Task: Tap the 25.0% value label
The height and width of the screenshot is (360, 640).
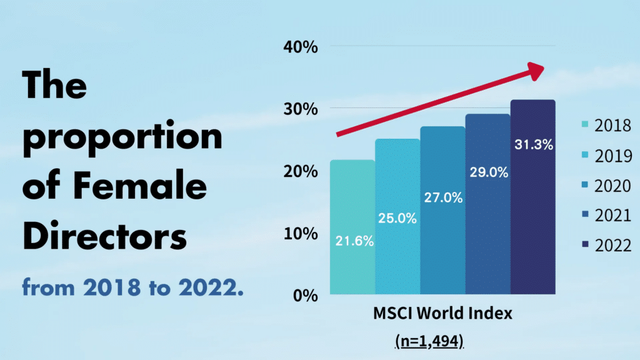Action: click(397, 219)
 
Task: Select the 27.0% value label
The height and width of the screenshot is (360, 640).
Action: click(442, 198)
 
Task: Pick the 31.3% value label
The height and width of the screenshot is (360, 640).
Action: click(533, 145)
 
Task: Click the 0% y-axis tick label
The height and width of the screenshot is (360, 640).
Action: click(307, 296)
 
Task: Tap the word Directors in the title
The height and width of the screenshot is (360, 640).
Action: click(104, 237)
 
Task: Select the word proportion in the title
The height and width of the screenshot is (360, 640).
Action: click(122, 137)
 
